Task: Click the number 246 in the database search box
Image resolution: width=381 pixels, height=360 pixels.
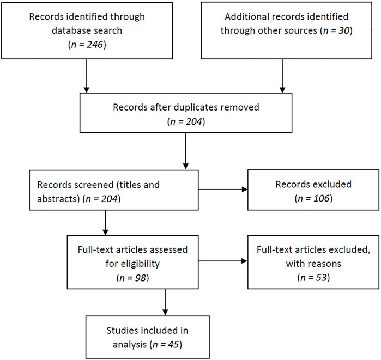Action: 95,45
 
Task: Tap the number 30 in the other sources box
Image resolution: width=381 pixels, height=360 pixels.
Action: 344,30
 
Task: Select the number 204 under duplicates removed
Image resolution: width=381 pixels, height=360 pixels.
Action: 194,121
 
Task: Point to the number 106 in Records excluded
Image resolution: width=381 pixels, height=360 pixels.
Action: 321,198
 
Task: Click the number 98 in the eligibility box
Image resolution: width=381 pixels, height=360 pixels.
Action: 141,278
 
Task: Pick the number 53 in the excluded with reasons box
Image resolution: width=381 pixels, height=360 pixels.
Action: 322,277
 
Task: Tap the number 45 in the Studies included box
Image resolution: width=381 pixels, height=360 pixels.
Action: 174,344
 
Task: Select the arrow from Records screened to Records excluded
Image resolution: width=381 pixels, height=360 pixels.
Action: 223,190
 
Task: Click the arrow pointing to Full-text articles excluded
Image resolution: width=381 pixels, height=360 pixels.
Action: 223,261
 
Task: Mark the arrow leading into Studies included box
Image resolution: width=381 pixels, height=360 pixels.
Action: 165,302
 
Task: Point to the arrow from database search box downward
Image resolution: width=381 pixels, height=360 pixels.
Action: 86,76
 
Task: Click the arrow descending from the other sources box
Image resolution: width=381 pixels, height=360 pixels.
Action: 282,76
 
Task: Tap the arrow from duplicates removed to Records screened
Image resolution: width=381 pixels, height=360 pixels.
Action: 186,151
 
